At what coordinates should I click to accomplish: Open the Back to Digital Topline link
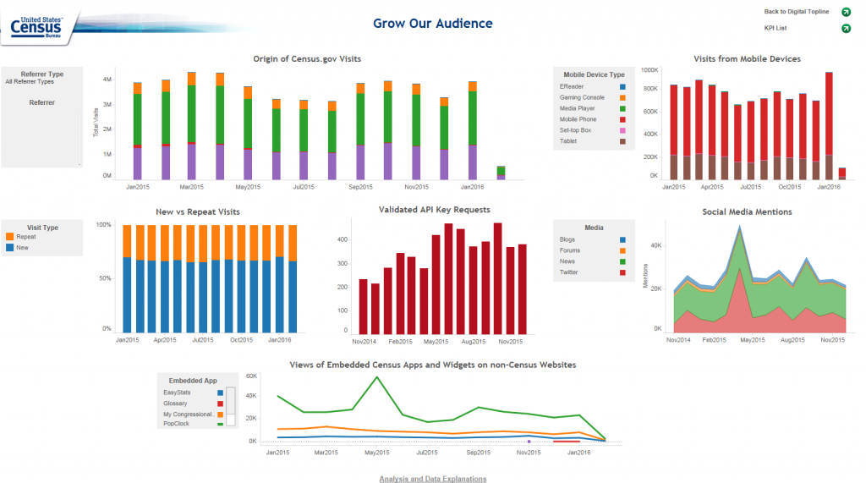point(796,12)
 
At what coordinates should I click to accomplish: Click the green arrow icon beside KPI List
point(846,29)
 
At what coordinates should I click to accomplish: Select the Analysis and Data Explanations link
point(432,479)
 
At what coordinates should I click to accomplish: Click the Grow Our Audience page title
point(432,24)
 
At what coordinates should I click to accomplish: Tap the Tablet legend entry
point(568,141)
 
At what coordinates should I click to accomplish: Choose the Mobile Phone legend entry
point(578,119)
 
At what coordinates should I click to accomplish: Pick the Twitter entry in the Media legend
point(568,272)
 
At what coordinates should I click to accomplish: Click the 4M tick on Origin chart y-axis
point(107,79)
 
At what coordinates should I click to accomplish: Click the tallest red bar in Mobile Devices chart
point(829,118)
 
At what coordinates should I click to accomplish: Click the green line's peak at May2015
point(377,377)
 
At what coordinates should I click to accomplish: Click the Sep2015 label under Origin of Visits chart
point(360,186)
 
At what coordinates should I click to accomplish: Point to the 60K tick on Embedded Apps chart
point(251,376)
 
